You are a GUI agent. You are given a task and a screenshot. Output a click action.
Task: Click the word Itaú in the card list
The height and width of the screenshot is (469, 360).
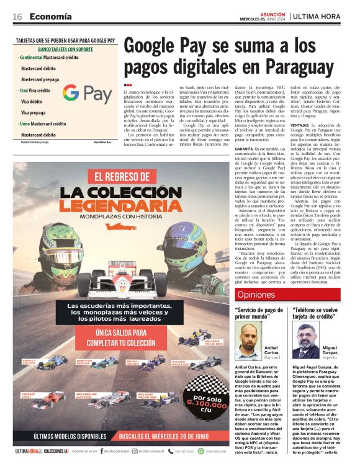(x=25, y=91)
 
